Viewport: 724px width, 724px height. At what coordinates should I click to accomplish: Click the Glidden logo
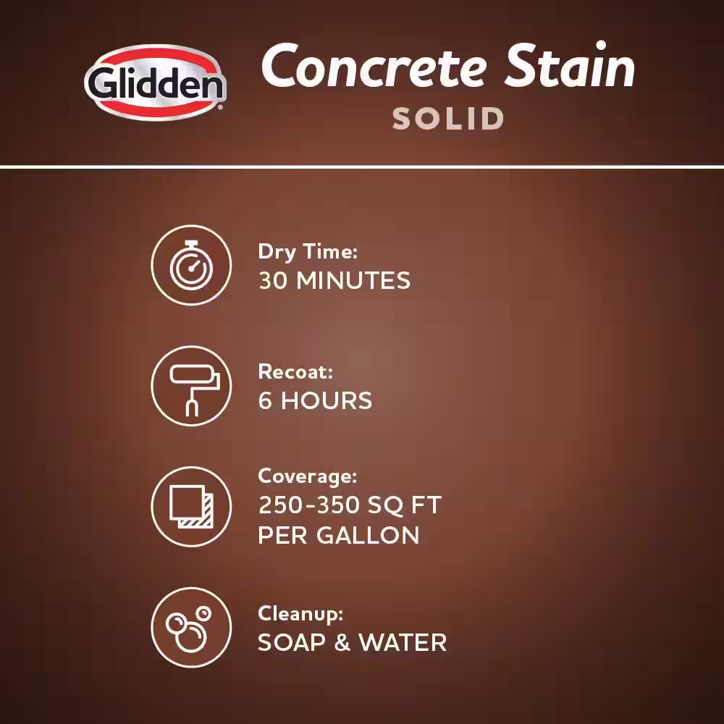tap(155, 83)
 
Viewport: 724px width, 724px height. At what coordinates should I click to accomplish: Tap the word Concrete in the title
tap(374, 66)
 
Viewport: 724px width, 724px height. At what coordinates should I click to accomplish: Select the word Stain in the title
tap(570, 64)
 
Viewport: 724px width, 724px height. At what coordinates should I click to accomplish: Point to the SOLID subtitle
tap(448, 119)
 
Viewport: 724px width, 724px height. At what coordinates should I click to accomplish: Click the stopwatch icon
tap(191, 265)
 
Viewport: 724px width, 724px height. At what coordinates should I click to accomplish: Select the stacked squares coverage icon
tap(191, 507)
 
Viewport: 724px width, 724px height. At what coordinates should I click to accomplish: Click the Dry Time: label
tap(308, 252)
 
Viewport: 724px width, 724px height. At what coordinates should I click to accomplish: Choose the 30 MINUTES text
tap(334, 280)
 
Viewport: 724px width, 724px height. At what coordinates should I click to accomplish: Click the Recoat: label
tap(295, 371)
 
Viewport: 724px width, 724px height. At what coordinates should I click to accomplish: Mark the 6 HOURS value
tap(315, 400)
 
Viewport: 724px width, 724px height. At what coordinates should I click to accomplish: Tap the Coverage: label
tap(308, 476)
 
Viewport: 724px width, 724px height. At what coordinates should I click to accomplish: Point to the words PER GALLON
tap(338, 535)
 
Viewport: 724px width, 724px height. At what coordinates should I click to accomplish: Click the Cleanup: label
tap(300, 614)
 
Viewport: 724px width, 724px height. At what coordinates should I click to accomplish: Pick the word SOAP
tap(292, 642)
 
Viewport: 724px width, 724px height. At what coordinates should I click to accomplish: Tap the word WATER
tap(403, 642)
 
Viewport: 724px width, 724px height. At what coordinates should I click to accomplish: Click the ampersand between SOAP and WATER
tap(342, 642)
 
